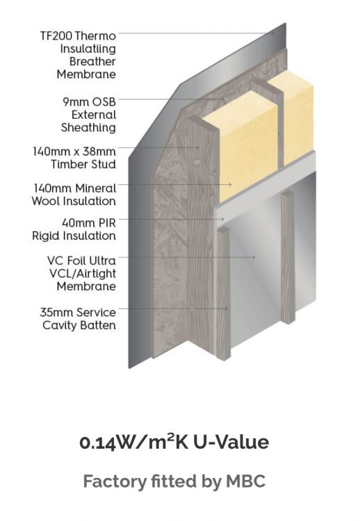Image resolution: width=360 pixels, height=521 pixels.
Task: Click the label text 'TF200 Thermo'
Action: point(78,35)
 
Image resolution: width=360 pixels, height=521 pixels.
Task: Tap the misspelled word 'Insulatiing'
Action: point(88,49)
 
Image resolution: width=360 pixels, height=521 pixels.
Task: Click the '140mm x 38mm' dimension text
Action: point(74,151)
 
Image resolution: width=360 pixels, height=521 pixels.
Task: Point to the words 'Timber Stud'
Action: point(83,164)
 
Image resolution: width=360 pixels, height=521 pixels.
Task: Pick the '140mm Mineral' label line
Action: point(75,188)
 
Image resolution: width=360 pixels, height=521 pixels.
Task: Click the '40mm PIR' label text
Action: point(89,222)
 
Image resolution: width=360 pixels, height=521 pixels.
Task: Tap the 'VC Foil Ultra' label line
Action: point(82,260)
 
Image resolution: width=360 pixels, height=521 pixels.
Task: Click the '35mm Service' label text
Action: point(78,312)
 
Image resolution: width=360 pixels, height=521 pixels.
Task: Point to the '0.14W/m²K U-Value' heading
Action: point(174,442)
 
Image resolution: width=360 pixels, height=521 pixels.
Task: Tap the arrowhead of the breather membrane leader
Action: point(272,33)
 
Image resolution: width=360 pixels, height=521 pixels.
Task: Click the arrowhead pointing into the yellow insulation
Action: point(230,184)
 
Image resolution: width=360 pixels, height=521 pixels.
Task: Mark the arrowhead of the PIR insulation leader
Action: point(224,219)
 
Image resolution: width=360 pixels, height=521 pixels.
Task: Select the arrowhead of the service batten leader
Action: point(226,308)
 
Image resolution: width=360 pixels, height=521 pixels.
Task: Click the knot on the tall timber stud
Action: point(197,163)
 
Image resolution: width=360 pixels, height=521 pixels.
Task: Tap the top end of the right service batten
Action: point(288,193)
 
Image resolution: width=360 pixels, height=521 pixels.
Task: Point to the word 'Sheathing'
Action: point(88,128)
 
